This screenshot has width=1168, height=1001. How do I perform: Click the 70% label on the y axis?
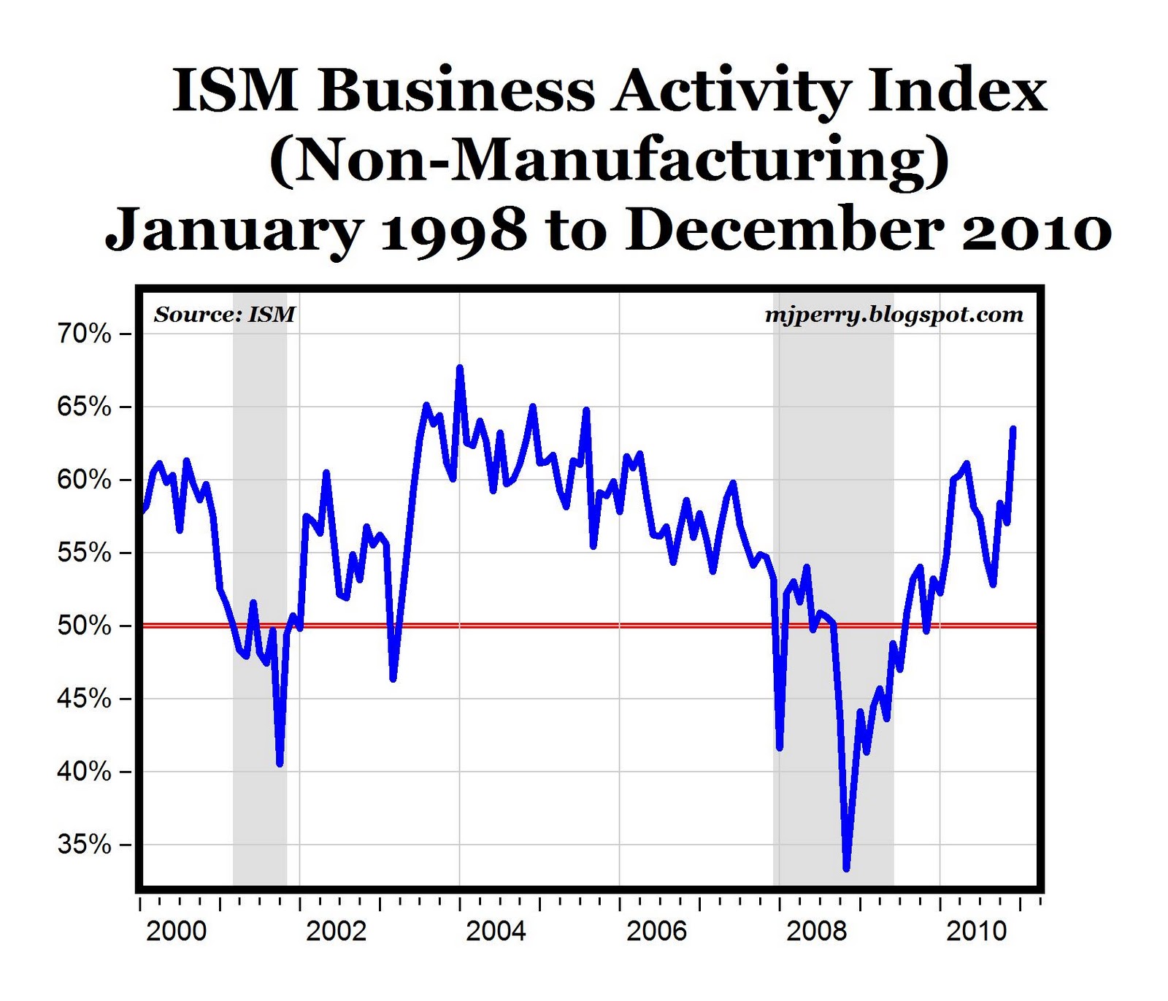tap(84, 334)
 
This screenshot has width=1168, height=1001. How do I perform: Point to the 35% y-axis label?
tap(84, 845)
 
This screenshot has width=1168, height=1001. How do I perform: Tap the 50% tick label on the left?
tap(84, 626)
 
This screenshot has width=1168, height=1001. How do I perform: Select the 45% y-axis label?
tap(84, 699)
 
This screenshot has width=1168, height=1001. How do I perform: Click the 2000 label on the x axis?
tap(176, 931)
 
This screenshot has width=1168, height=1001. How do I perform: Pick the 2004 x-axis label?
tap(496, 931)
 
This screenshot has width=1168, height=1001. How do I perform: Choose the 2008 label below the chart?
tap(816, 931)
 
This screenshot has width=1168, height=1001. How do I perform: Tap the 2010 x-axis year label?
tap(976, 931)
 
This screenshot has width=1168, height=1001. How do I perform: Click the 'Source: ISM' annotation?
tap(225, 315)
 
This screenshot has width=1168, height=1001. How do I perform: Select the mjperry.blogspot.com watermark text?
tap(894, 315)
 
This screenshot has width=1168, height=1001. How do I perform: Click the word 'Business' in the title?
tap(457, 91)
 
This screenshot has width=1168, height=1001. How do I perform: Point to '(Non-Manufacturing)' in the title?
tap(610, 161)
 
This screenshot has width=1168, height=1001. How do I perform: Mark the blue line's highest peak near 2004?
tap(459, 367)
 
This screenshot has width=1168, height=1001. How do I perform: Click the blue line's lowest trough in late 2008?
tap(846, 869)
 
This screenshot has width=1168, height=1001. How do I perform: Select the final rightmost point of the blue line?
tap(1013, 429)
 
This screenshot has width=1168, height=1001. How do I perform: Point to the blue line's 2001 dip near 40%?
tap(280, 764)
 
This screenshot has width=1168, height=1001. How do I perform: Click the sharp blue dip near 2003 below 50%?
tap(393, 679)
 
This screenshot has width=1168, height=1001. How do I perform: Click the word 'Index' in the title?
tap(957, 91)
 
